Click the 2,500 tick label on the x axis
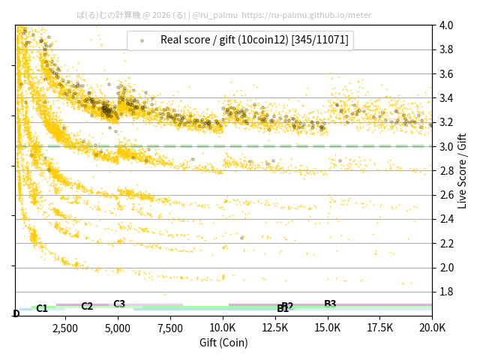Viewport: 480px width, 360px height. (x=64, y=328)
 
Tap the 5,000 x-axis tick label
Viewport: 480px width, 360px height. (x=117, y=328)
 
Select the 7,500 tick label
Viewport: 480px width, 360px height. (x=169, y=328)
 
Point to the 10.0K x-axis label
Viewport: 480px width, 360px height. (x=222, y=328)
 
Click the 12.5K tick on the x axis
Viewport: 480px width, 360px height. (x=274, y=328)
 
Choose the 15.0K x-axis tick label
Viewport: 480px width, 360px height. (x=327, y=328)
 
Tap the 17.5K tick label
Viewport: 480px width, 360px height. (x=379, y=328)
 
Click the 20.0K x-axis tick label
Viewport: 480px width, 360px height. (x=431, y=328)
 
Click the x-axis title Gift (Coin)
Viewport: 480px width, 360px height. (x=223, y=343)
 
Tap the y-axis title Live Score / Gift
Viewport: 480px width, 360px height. (x=463, y=170)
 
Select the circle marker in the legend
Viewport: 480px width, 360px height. (x=142, y=40)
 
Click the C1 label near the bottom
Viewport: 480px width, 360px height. (x=42, y=308)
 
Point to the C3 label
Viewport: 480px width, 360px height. (x=119, y=304)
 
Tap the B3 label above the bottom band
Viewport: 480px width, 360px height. (x=330, y=304)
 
